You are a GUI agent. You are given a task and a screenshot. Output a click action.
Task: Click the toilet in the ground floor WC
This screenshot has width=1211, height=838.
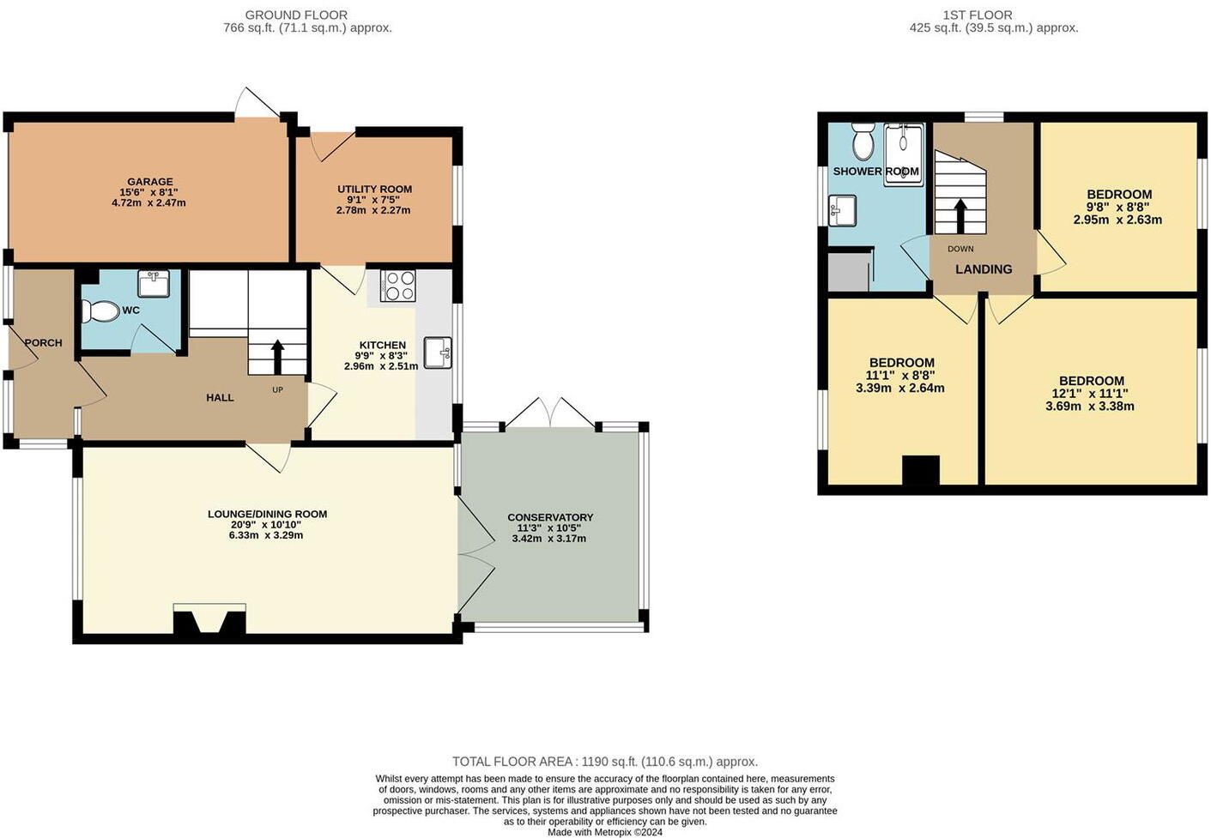click(100, 311)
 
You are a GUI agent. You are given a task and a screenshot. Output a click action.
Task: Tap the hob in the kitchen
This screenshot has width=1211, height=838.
click(397, 286)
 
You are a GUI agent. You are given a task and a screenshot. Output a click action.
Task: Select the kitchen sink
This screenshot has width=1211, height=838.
click(437, 353)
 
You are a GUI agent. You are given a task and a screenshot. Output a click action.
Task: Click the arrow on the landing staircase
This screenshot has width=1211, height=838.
click(960, 215)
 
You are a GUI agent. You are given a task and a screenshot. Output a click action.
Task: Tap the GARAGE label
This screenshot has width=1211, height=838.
click(150, 182)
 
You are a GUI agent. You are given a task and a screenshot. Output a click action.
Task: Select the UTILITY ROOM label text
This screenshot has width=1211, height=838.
click(374, 189)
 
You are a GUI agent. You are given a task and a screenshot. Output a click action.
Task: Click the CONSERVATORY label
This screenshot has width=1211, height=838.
click(550, 517)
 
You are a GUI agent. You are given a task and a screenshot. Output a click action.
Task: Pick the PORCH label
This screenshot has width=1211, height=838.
click(43, 342)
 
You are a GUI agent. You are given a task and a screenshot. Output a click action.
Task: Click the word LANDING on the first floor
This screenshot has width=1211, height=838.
click(984, 269)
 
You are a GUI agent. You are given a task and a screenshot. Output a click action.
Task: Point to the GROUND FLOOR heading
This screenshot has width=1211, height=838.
click(296, 15)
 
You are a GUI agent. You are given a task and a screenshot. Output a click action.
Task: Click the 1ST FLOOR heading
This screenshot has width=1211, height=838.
click(977, 15)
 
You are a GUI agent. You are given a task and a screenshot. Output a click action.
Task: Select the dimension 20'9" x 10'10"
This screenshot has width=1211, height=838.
click(267, 525)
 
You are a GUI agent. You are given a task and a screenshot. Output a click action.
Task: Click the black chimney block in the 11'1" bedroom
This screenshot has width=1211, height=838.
click(920, 471)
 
